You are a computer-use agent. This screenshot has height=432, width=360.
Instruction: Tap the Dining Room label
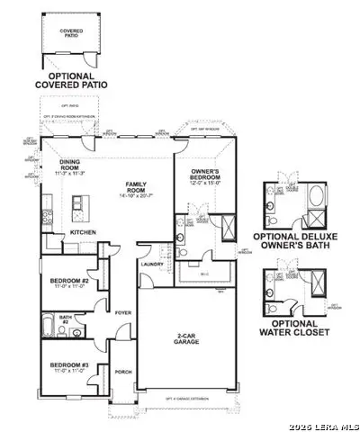click(x=68, y=166)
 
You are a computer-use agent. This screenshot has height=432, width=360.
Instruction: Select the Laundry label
click(x=150, y=264)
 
